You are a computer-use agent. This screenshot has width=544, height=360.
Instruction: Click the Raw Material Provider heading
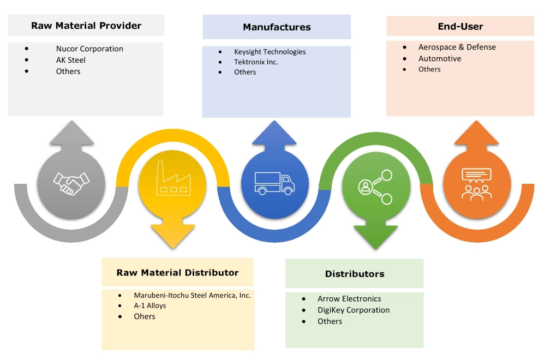pyautogui.click(x=86, y=26)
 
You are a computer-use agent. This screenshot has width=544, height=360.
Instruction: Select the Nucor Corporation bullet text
pyautogui.click(x=89, y=49)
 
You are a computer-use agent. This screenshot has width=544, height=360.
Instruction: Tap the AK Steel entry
pyautogui.click(x=70, y=60)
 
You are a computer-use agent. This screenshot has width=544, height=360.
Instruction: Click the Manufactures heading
pyautogui.click(x=277, y=27)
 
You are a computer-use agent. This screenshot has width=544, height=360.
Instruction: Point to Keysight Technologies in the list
pyautogui.click(x=270, y=52)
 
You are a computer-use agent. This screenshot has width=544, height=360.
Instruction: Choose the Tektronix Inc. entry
pyautogui.click(x=256, y=62)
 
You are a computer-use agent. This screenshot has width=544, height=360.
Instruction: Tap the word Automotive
pyautogui.click(x=440, y=58)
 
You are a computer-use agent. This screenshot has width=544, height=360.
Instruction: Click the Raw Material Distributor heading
pyautogui.click(x=177, y=273)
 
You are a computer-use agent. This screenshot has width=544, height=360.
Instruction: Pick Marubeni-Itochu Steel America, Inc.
pyautogui.click(x=192, y=295)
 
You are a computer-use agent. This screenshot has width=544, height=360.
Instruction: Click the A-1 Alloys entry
pyautogui.click(x=150, y=305)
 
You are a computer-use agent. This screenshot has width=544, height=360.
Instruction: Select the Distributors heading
pyautogui.click(x=355, y=274)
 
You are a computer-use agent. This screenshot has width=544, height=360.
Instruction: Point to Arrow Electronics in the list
pyautogui.click(x=349, y=299)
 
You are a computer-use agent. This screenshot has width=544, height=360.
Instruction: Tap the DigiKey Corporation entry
pyautogui.click(x=354, y=310)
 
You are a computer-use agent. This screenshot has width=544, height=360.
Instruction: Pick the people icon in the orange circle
pyautogui.click(x=477, y=182)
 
